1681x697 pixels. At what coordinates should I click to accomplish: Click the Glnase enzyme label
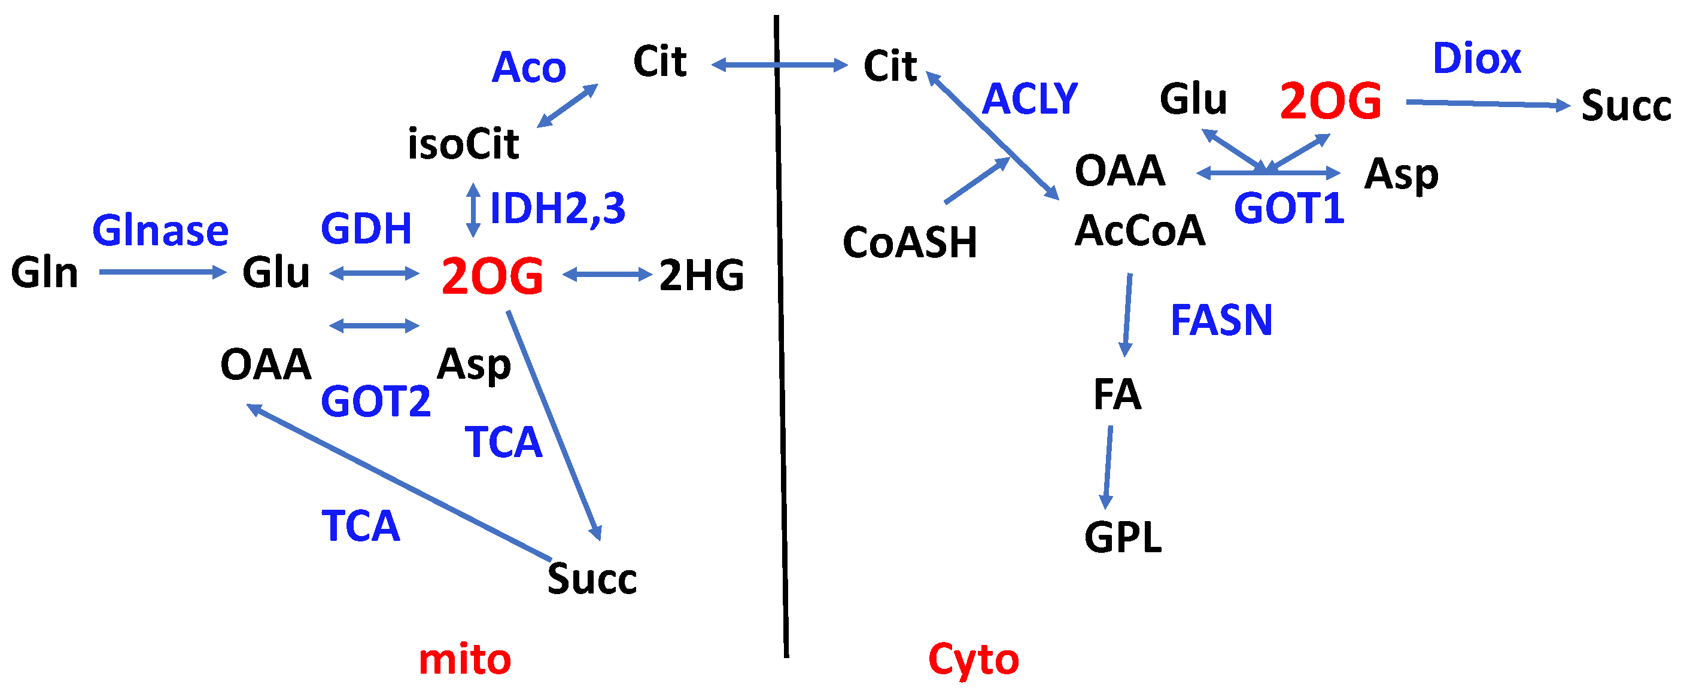tap(160, 230)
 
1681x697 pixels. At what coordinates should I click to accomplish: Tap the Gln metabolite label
tap(44, 272)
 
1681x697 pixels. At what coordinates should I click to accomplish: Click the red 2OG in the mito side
tap(492, 276)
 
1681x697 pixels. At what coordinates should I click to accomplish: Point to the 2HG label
tap(701, 275)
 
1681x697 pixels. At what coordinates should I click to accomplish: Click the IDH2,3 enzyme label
tap(557, 208)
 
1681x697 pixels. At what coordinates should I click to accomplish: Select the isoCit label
tap(463, 144)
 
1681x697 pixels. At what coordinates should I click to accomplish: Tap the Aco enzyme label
tap(528, 67)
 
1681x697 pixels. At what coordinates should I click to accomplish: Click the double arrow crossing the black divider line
tap(779, 65)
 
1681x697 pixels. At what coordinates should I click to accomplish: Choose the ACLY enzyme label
tap(1029, 99)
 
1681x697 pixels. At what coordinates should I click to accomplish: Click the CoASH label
tap(909, 242)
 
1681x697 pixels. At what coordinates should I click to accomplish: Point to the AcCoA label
tap(1139, 230)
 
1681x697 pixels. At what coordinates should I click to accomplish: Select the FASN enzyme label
tap(1221, 320)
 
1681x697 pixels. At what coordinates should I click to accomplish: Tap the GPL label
tap(1123, 537)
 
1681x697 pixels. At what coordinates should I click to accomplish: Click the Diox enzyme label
tap(1476, 58)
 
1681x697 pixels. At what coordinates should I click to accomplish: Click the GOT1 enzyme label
tap(1289, 209)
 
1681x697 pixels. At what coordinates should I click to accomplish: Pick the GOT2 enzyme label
tap(375, 401)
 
